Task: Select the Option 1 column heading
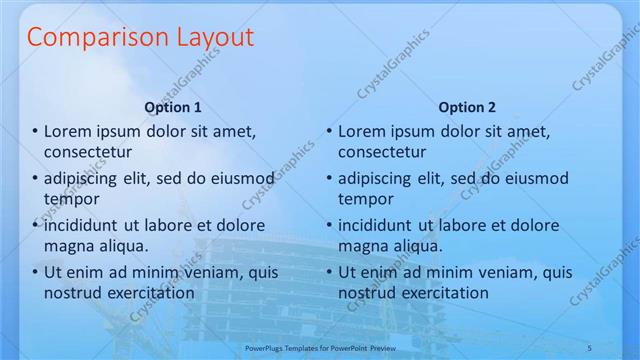(173, 107)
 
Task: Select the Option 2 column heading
(466, 107)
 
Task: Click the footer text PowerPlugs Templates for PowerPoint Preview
(319, 348)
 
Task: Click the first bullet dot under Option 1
(35, 132)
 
